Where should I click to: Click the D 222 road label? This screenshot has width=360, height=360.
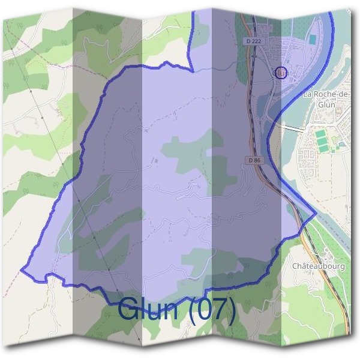[x=254, y=41]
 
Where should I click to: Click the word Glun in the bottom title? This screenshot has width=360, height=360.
[x=149, y=309]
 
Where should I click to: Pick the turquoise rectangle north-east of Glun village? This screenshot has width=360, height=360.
[x=313, y=39]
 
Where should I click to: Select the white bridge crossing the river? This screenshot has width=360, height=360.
[x=293, y=128]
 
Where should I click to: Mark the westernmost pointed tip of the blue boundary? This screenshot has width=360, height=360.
[x=22, y=270]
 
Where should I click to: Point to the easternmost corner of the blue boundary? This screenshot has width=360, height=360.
[x=316, y=214]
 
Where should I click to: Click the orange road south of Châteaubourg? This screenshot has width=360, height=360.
[x=340, y=300]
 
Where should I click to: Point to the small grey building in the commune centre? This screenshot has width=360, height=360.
[x=157, y=161]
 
